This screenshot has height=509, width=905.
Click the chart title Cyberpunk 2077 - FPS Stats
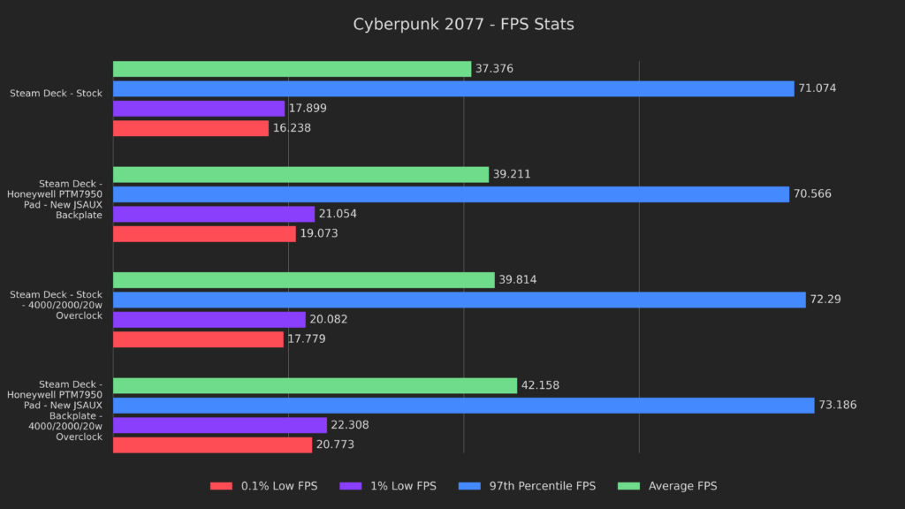click(463, 25)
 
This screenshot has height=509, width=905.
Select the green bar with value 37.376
click(292, 69)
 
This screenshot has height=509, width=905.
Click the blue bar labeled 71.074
click(453, 88)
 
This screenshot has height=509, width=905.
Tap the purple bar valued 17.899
click(199, 109)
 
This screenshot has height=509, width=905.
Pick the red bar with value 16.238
click(191, 128)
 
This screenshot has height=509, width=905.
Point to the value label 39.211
click(513, 175)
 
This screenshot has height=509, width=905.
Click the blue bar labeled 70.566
click(451, 194)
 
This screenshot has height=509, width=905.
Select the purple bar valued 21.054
click(214, 214)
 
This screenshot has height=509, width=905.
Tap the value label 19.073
click(319, 234)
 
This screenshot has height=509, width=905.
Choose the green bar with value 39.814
click(304, 280)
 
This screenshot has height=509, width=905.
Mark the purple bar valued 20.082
click(209, 319)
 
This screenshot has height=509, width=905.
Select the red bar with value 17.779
click(198, 339)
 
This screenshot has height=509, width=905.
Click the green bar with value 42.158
click(315, 385)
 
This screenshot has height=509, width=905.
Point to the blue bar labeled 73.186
click(463, 406)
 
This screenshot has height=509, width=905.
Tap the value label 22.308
click(350, 425)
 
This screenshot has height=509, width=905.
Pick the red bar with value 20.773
click(212, 444)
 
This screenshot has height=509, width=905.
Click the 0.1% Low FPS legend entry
click(262, 486)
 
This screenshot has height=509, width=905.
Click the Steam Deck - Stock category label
click(56, 93)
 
